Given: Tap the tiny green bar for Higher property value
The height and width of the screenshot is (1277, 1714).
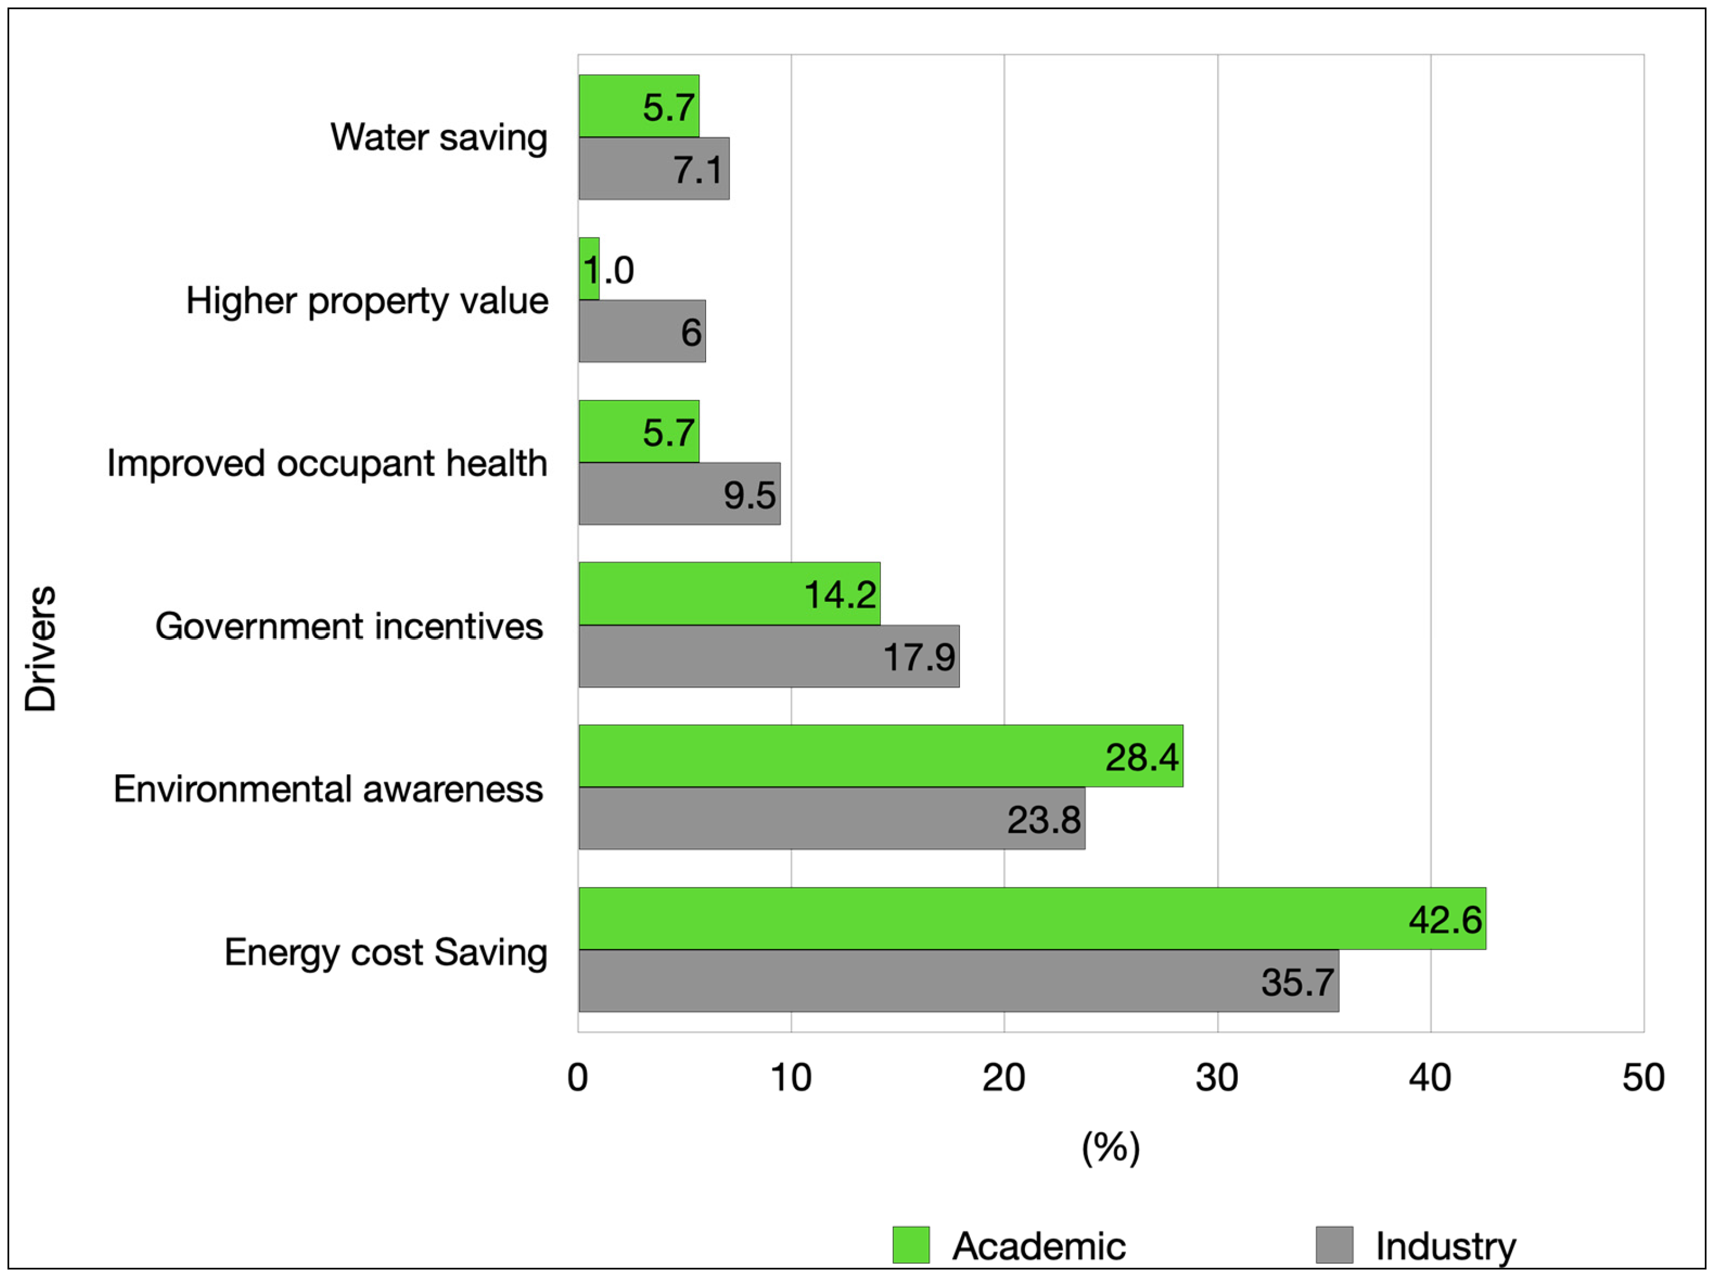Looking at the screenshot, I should [589, 269].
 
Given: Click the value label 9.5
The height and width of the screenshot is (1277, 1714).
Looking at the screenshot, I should [749, 495].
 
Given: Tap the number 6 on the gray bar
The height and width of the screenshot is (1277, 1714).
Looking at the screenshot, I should [691, 333].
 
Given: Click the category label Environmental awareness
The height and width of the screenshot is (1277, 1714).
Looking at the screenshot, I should [329, 789].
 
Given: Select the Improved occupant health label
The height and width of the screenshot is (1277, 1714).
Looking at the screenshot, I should [327, 464].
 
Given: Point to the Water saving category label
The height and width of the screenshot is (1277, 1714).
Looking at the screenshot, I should [439, 138].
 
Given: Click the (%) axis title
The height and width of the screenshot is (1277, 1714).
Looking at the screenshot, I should [1110, 1147].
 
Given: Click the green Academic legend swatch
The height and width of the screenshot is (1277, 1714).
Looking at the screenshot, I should [910, 1245].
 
